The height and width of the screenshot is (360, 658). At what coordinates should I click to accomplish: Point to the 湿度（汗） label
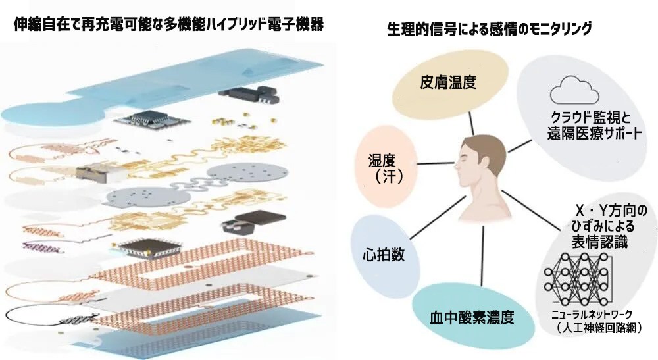point(384,168)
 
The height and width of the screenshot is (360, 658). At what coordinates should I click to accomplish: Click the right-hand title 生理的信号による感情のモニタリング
point(490,29)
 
